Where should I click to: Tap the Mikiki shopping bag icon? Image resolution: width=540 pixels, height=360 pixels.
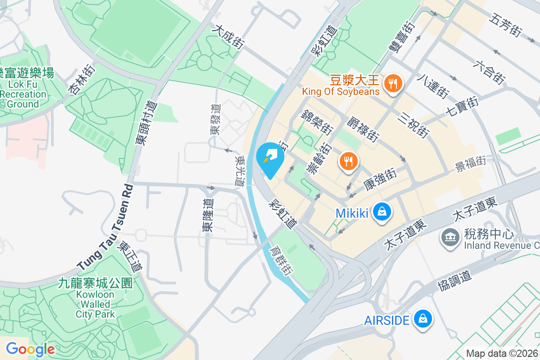pos(382,211)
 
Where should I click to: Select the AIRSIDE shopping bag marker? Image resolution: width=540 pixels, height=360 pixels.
pos(423,319)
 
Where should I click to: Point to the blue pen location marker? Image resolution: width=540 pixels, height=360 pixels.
pos(270,159)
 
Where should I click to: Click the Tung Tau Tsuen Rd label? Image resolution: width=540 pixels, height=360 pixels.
pos(105,227)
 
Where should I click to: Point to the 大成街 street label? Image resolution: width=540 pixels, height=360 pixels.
pos(229,36)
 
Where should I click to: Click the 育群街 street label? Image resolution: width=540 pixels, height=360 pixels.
pos(281,261)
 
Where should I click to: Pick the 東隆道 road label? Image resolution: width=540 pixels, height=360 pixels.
pos(208,216)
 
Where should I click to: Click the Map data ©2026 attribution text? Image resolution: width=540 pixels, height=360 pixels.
pos(502,354)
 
